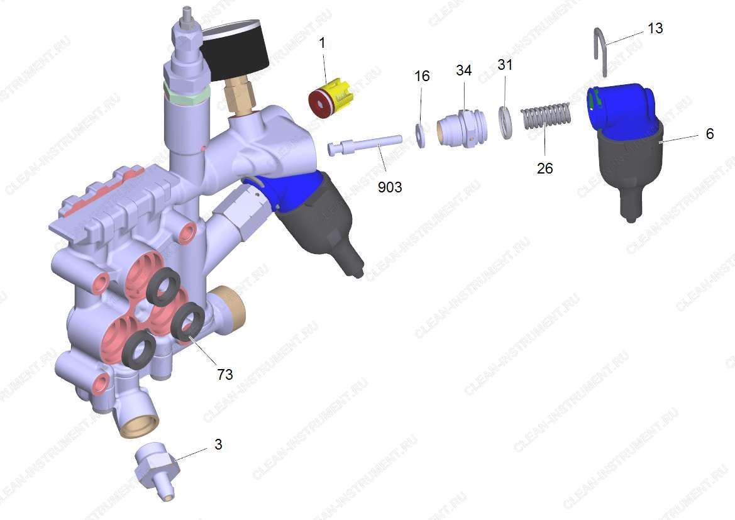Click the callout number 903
point(390,187)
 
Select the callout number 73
point(225,374)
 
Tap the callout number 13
point(655,28)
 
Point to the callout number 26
point(544,168)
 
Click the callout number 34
point(463,70)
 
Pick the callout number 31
point(505,64)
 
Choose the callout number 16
point(422,76)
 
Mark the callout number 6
point(710,134)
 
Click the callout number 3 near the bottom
point(218,444)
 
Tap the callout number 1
point(322,43)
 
